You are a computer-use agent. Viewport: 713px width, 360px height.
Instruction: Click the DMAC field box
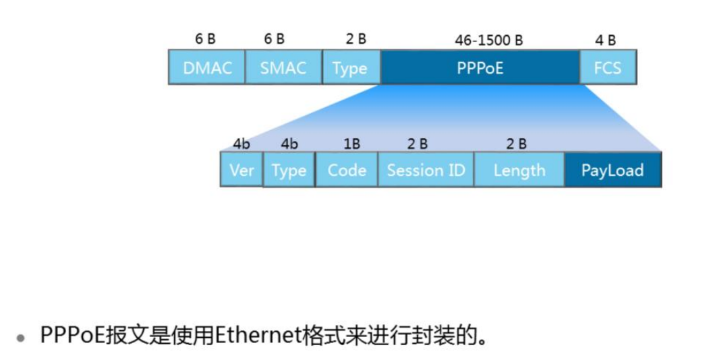[207, 67]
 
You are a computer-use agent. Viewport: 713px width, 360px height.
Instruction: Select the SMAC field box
[283, 67]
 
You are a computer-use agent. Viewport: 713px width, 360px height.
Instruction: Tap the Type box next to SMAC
[351, 68]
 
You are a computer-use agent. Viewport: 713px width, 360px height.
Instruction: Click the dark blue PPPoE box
[480, 67]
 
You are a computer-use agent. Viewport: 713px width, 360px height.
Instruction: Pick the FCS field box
[607, 67]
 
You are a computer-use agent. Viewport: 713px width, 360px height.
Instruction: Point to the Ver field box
[241, 170]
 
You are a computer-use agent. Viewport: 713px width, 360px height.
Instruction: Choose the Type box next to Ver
[289, 171]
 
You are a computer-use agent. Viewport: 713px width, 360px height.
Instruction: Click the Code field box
[347, 170]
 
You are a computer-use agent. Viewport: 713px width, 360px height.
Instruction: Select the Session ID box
[426, 170]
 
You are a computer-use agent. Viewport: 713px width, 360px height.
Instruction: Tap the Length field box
[519, 170]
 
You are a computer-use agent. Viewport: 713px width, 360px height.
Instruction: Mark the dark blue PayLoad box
[612, 170]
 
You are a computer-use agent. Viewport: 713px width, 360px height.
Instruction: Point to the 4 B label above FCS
[605, 40]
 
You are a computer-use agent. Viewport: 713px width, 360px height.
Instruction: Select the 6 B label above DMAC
[206, 39]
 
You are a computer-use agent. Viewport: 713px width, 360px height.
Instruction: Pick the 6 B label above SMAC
[275, 39]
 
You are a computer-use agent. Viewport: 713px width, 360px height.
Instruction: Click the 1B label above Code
[351, 144]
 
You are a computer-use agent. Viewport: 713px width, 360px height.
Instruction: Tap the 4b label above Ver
[241, 144]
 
